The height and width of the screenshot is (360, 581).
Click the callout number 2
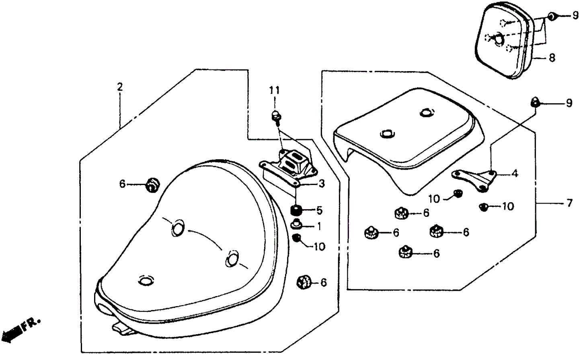coord(119,86)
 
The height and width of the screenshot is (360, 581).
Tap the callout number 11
coord(275,91)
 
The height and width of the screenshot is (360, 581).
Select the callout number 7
coord(569,204)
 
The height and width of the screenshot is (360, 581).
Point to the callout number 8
coord(552,58)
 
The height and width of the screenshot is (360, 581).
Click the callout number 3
coord(321,184)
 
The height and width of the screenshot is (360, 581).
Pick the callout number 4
coord(515,174)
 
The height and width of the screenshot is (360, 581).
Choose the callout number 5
coord(319,210)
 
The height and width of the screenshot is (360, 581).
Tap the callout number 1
coord(319,227)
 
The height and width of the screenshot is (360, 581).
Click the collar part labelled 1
coord(297,224)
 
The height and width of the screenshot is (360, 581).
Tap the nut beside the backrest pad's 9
coord(552,16)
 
